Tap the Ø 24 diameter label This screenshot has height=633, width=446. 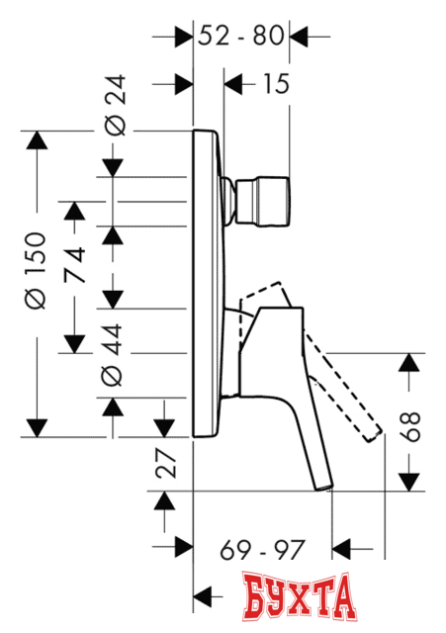113,112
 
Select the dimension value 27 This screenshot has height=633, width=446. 167,462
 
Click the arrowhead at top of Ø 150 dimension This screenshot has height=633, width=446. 36,141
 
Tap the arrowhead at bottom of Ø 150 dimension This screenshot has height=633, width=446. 36,426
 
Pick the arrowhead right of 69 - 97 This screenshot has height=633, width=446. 342,546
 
